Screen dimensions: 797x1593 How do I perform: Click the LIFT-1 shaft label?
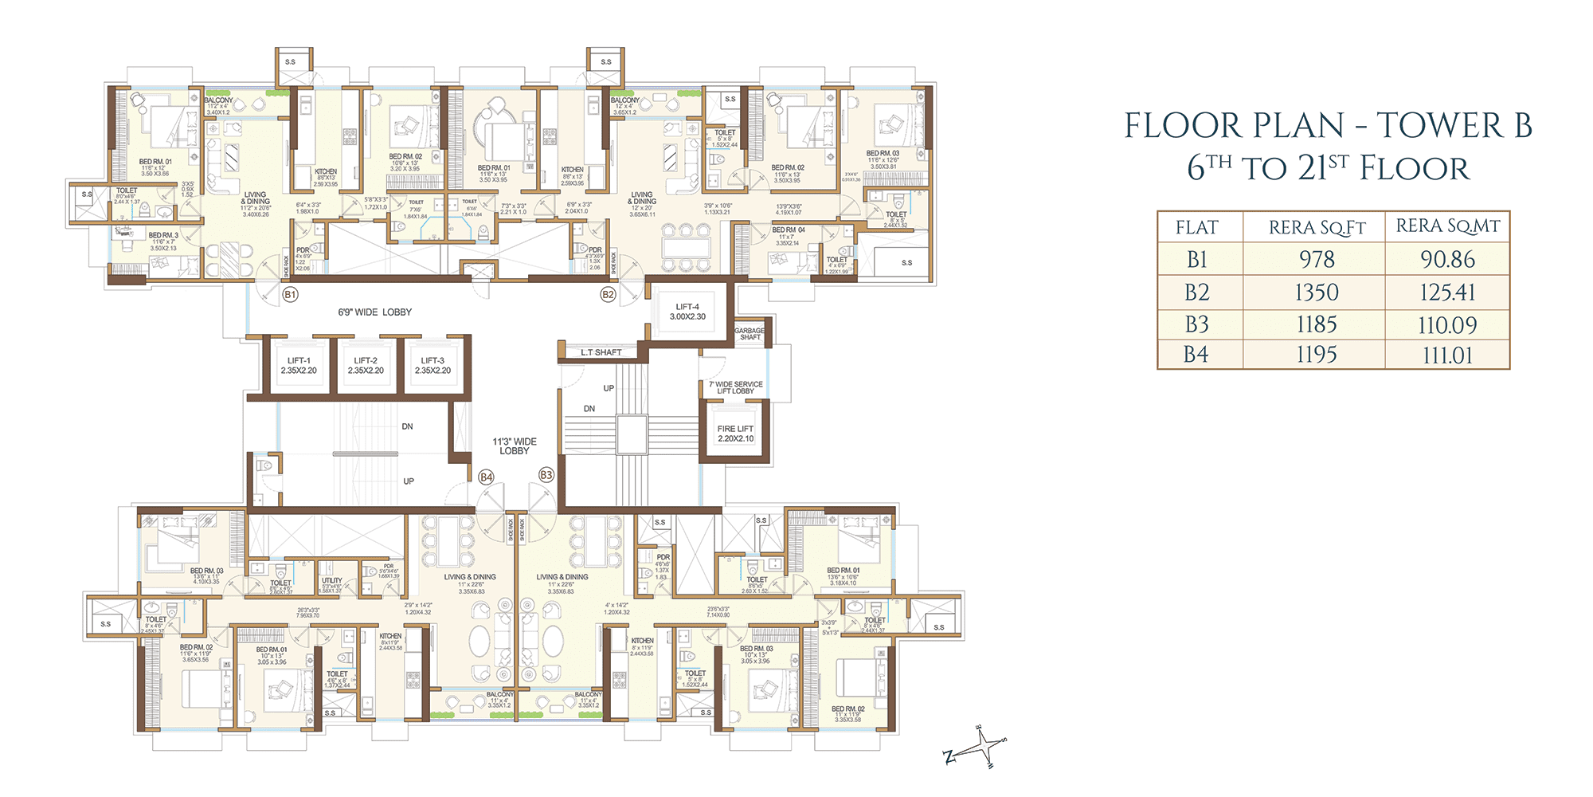tap(299, 366)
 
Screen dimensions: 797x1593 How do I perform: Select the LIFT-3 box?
tap(432, 366)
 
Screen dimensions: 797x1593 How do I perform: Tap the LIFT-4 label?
tap(687, 312)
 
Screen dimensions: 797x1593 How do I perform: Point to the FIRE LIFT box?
tap(735, 434)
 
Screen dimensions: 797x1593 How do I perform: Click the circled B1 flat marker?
tap(290, 295)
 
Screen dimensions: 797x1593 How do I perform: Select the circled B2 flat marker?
tap(608, 295)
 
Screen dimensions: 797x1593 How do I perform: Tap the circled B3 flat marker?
tap(546, 475)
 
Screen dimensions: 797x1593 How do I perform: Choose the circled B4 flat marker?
tap(486, 477)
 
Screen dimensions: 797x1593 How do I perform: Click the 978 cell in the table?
tap(1317, 260)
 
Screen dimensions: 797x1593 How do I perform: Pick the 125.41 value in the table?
tap(1447, 292)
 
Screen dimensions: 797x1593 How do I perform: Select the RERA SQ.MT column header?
tap(1447, 226)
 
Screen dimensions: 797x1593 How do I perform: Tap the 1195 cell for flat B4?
tap(1317, 355)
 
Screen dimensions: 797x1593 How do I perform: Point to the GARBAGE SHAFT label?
tap(750, 334)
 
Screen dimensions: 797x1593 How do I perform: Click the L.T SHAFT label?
tap(601, 352)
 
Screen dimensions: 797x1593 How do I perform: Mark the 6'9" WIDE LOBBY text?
tap(374, 312)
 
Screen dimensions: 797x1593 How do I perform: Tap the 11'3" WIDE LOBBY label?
tap(515, 446)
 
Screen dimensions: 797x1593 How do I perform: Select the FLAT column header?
tap(1196, 228)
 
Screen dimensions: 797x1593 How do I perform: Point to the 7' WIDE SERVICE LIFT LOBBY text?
tap(735, 387)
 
